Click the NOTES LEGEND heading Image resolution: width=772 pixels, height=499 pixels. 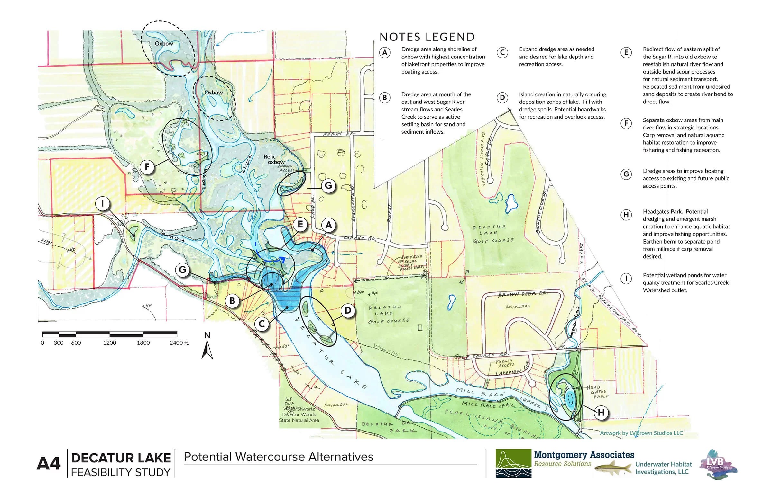pyautogui.click(x=427, y=37)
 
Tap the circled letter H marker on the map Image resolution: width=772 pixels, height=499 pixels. pyautogui.click(x=601, y=413)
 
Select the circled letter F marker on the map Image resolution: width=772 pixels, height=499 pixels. pyautogui.click(x=147, y=167)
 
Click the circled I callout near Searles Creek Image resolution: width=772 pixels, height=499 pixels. pyautogui.click(x=103, y=203)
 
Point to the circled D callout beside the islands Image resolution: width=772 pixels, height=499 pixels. pyautogui.click(x=348, y=311)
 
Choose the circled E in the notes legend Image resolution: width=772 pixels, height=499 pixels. pyautogui.click(x=626, y=52)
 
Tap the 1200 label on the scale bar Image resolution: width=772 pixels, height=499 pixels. pyautogui.click(x=109, y=343)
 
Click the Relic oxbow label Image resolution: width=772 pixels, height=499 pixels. pyautogui.click(x=275, y=159)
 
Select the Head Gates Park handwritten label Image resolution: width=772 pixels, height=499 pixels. pyautogui.click(x=597, y=392)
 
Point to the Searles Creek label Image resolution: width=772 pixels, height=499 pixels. pyautogui.click(x=173, y=237)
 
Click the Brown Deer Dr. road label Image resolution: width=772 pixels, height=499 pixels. pyautogui.click(x=522, y=294)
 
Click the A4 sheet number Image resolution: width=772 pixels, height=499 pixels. pyautogui.click(x=48, y=464)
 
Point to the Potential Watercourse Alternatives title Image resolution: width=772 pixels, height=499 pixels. pyautogui.click(x=278, y=457)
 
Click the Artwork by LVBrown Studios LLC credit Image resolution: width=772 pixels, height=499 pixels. pyautogui.click(x=641, y=433)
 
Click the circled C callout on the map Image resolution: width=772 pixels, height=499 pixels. pyautogui.click(x=262, y=324)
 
